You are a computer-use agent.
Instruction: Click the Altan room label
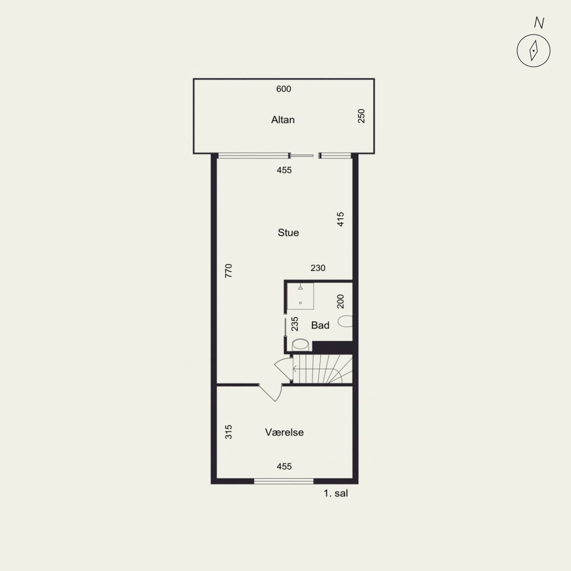point(283,120)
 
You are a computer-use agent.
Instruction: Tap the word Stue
point(288,233)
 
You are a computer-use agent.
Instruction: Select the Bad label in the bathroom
point(320,325)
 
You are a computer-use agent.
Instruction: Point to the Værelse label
point(284,432)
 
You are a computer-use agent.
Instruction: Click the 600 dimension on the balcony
point(284,89)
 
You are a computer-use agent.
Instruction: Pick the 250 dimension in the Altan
point(361,116)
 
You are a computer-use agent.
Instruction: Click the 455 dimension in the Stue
point(284,170)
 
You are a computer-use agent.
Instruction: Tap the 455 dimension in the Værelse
point(284,466)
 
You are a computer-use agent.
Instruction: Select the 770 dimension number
point(229,271)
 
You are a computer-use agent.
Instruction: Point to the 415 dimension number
point(340,219)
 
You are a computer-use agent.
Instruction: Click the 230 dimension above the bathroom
point(318,268)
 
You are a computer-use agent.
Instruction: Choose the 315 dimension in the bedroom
point(229,432)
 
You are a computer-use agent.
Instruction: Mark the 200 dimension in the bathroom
point(340,301)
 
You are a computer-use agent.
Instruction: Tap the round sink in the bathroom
point(300,345)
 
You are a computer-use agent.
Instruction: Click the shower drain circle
point(300,303)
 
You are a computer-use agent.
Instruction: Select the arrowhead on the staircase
point(294,369)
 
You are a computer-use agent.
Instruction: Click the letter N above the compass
point(539,23)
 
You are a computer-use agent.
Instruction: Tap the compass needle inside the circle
point(534,51)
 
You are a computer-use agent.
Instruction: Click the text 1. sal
point(336,493)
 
